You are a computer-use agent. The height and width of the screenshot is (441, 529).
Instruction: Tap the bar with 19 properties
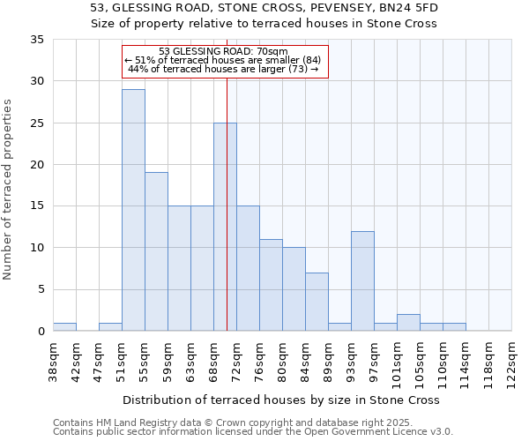[x=156, y=251]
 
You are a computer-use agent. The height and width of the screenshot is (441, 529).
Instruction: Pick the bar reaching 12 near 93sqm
[x=362, y=280]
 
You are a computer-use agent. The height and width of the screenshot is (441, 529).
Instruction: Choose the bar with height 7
[x=317, y=302]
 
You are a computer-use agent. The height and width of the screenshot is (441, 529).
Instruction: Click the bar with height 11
[x=271, y=285]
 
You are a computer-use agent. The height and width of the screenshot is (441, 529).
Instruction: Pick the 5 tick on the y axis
[x=41, y=289]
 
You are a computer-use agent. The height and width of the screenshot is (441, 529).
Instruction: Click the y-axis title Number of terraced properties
[x=8, y=190]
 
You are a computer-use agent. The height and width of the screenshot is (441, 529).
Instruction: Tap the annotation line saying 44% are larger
[x=223, y=69]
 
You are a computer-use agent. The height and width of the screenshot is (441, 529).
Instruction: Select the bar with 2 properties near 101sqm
[x=408, y=322]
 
